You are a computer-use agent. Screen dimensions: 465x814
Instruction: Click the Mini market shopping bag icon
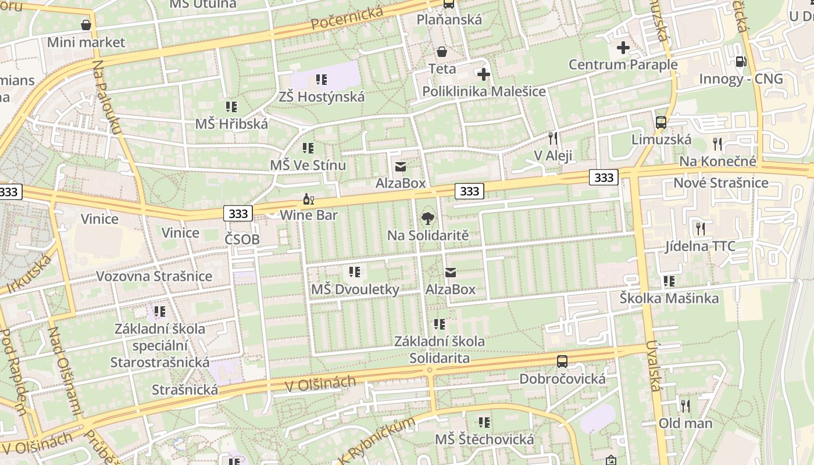(86, 25)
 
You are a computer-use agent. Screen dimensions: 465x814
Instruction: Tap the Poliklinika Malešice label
(484, 91)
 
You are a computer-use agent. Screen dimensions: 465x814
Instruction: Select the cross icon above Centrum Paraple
(623, 48)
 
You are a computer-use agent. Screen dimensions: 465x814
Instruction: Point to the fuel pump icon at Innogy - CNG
(741, 61)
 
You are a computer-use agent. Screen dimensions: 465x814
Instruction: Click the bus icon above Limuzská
(661, 123)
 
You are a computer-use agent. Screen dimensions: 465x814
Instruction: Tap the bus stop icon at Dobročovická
(562, 362)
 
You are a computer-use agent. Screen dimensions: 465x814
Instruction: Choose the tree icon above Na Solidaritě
(428, 219)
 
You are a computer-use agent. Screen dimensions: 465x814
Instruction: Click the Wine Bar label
(309, 215)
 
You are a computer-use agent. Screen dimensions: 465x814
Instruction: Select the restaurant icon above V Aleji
(553, 138)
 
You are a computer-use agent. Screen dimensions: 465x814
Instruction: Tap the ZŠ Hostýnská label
(322, 96)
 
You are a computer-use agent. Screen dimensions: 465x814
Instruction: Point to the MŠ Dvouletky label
(355, 289)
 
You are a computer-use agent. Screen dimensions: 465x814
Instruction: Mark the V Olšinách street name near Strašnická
(321, 384)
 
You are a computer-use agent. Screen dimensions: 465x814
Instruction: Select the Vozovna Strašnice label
(154, 276)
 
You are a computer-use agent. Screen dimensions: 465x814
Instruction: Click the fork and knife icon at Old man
(686, 406)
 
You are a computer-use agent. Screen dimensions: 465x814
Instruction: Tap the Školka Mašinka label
(669, 298)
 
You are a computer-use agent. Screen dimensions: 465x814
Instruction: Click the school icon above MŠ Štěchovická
(484, 423)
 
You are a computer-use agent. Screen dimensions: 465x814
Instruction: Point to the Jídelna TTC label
(700, 246)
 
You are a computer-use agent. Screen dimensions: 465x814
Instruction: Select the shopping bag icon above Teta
(442, 52)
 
